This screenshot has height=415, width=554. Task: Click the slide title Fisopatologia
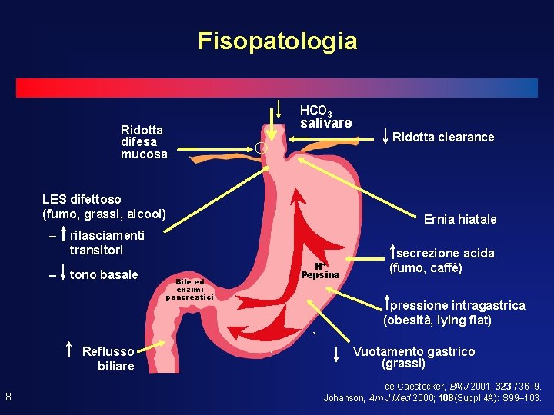[x=277, y=41]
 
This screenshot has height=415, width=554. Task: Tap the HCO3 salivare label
[x=325, y=118]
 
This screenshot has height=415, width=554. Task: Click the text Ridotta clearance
[x=443, y=138]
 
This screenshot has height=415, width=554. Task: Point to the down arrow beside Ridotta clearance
[x=385, y=136]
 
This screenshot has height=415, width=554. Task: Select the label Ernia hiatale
[x=460, y=220]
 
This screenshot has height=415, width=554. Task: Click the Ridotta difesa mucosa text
[x=144, y=142]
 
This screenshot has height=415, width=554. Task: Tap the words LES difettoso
[x=82, y=200]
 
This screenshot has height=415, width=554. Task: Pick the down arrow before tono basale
[x=61, y=274]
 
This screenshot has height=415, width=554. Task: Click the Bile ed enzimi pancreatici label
[x=189, y=289]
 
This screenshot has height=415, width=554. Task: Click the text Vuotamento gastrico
[x=414, y=351]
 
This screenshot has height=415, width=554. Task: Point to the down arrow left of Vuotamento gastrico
[x=336, y=354]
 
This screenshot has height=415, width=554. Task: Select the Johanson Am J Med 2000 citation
[x=432, y=398]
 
